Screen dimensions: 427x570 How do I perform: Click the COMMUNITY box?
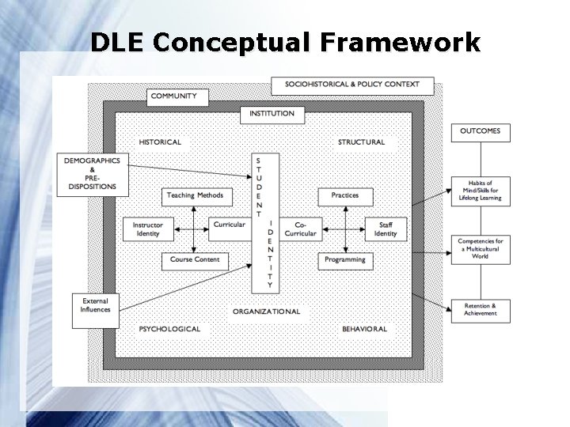click(x=177, y=97)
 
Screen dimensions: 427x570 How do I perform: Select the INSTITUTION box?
click(x=272, y=114)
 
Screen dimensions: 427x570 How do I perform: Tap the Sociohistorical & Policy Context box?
click(x=352, y=84)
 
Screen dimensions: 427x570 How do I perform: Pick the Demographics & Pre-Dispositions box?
click(x=93, y=174)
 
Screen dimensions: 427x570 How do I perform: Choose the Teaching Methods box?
click(x=195, y=196)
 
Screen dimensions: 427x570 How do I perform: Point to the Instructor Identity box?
click(x=147, y=229)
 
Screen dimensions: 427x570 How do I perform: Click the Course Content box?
click(x=195, y=260)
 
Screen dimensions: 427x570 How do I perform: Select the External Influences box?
click(x=95, y=305)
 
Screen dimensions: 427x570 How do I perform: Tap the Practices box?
click(x=345, y=196)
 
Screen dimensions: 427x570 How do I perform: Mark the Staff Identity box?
click(x=386, y=229)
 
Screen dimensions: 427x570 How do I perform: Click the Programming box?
click(x=345, y=260)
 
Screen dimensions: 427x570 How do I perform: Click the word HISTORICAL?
click(x=160, y=143)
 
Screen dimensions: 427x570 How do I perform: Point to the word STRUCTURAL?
click(x=361, y=143)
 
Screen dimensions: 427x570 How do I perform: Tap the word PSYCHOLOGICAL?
click(x=169, y=329)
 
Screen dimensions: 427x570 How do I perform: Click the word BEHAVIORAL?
click(x=364, y=329)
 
